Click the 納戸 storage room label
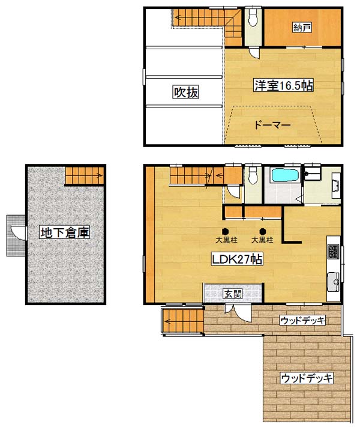tap(302, 28)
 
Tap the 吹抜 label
tap(186, 92)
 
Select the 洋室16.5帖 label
tap(283, 85)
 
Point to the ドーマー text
tap(272, 125)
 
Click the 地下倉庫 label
tap(65, 232)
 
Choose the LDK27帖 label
tap(237, 259)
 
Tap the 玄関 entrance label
tap(233, 294)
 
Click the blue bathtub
tap(285, 175)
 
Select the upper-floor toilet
tap(253, 18)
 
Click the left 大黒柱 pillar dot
tap(225, 231)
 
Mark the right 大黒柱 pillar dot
tap(262, 231)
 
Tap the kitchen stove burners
tap(334, 252)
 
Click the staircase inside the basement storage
tap(85, 175)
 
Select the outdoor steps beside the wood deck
tap(184, 321)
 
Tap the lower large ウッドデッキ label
tap(307, 378)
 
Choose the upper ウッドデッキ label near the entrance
tap(302, 320)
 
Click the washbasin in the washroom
tap(336, 187)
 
